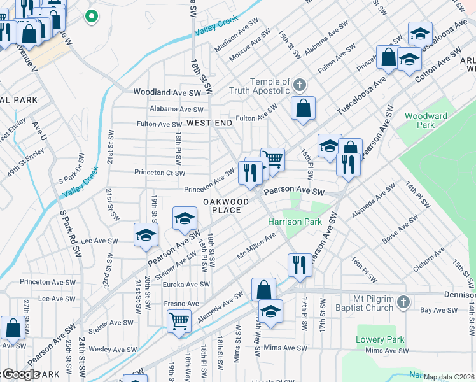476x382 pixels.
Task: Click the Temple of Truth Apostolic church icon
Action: point(300,85)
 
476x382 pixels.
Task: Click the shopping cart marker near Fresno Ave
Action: point(179,320)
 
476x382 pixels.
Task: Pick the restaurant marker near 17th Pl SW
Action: point(300,264)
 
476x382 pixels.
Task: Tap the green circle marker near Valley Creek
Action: point(92,17)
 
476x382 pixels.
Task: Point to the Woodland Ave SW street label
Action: point(167,92)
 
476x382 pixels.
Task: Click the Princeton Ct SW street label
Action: point(159,173)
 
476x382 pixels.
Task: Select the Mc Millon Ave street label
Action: point(256,246)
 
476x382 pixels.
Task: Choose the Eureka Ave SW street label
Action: point(186,285)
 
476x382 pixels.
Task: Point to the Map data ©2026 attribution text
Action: point(449,377)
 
